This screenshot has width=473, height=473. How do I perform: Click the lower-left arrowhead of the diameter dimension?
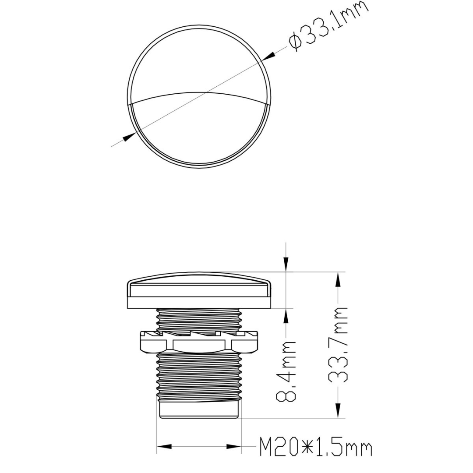[128, 137]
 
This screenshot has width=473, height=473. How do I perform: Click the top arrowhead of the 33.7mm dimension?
[338, 281]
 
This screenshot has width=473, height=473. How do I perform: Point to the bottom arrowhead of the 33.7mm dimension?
[338, 410]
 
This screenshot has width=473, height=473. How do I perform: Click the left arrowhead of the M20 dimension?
[164, 447]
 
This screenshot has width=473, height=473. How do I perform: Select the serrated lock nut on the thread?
[199, 342]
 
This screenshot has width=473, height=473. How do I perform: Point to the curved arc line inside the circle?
[199, 93]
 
